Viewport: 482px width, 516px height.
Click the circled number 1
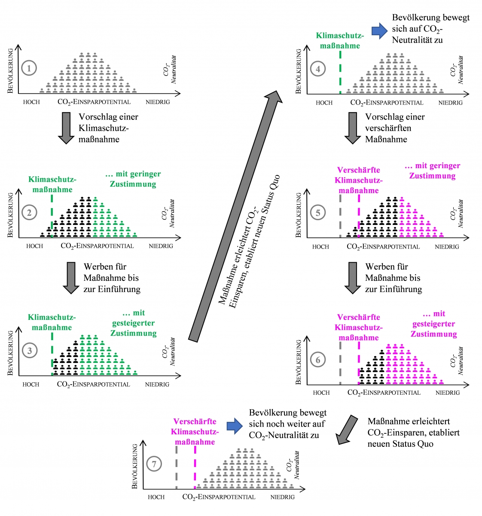[x=29, y=68]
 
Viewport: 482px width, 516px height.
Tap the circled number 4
[x=318, y=69]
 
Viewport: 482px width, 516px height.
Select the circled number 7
[x=154, y=464]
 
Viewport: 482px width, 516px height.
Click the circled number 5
[x=318, y=212]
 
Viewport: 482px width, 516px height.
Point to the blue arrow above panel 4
[x=380, y=31]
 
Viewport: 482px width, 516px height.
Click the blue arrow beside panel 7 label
[x=235, y=426]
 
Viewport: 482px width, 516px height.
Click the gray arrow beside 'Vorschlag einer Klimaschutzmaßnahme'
[x=66, y=128]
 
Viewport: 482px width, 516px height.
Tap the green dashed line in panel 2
[x=52, y=215]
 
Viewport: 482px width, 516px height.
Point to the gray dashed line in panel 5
[x=340, y=215]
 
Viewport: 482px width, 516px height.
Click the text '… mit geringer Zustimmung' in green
[x=133, y=179]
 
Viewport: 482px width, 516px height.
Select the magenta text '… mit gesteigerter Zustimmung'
[x=433, y=324]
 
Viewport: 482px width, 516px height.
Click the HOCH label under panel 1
[x=31, y=102]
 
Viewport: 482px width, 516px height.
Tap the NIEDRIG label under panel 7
[x=282, y=497]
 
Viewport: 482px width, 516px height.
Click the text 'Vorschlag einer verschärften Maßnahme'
[x=395, y=128]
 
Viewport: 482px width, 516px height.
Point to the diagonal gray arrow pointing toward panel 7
[x=346, y=430]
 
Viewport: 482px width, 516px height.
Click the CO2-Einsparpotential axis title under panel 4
[x=387, y=102]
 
